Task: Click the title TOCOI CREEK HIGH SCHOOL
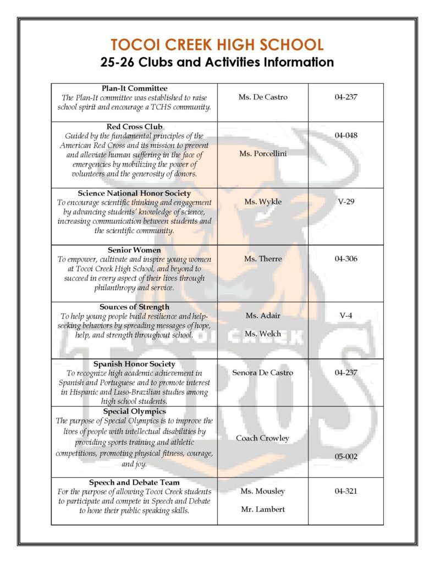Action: [217, 45]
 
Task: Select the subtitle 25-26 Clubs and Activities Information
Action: [217, 62]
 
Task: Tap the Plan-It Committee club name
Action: [135, 88]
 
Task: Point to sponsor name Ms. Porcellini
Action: [263, 154]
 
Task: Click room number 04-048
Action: [346, 135]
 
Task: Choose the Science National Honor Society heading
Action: [135, 194]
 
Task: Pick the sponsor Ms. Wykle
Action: [263, 202]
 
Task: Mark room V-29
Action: [346, 202]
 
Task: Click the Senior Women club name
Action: [135, 250]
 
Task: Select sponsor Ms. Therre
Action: [263, 258]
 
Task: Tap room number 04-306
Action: [346, 258]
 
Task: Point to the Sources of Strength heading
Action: [135, 307]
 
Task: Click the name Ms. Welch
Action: [263, 334]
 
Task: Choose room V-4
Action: [346, 316]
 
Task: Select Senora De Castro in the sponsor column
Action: [263, 373]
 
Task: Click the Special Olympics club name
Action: [135, 411]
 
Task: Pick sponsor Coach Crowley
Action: [263, 438]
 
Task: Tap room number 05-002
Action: [346, 456]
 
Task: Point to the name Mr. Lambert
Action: [263, 510]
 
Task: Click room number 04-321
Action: [346, 491]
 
